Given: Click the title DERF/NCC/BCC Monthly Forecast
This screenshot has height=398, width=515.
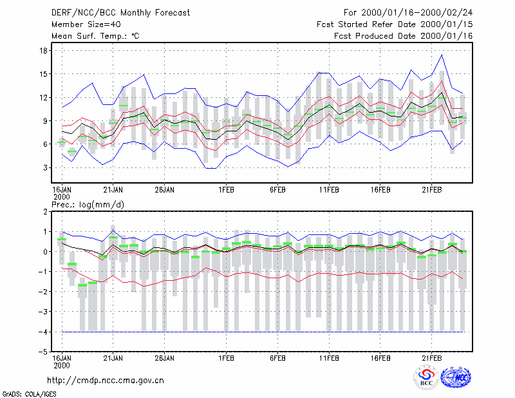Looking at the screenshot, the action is click(x=120, y=13).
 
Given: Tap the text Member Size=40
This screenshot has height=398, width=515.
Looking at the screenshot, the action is click(x=86, y=24).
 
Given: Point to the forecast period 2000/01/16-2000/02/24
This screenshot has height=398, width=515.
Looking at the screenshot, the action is click(x=417, y=13).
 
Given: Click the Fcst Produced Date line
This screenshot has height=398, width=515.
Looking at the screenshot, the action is click(x=404, y=36).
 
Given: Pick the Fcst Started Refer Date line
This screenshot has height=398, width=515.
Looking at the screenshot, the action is click(x=395, y=24).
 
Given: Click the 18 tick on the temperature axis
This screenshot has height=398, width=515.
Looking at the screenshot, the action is click(x=43, y=51).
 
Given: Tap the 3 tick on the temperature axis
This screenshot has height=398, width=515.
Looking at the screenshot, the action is click(x=45, y=168).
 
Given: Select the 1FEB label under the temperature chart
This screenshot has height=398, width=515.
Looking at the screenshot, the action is click(x=227, y=190).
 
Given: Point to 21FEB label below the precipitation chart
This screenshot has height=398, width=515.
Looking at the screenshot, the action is click(x=432, y=358).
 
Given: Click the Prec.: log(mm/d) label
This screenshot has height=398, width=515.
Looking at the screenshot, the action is click(x=88, y=205).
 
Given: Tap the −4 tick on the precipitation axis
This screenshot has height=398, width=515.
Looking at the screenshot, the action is click(x=42, y=332).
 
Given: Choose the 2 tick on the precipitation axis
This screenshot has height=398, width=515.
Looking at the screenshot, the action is click(x=45, y=212).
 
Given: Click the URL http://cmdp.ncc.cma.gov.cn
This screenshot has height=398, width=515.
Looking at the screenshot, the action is click(x=106, y=381).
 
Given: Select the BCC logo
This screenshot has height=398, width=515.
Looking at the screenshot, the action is click(x=426, y=377).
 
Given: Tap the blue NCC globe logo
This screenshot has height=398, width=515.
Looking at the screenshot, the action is click(x=456, y=377).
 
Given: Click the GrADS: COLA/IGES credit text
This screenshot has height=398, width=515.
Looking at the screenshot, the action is click(x=29, y=394).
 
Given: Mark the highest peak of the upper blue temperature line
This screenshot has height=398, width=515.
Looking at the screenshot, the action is click(x=442, y=55).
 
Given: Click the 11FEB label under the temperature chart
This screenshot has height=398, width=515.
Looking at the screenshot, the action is click(x=329, y=190).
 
